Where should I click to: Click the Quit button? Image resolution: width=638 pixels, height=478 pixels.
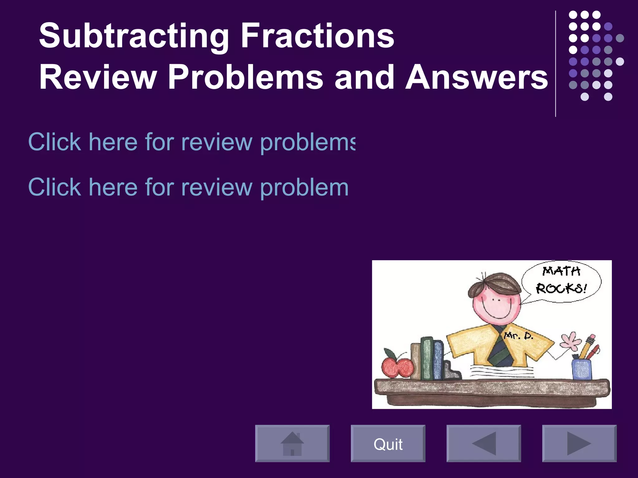click(388, 443)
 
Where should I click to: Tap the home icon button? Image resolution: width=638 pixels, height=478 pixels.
click(292, 443)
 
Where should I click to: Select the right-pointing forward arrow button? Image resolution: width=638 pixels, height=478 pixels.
click(579, 443)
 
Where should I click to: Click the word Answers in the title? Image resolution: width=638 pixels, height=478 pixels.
click(477, 77)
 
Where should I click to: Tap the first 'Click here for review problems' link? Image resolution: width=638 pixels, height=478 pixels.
click(191, 142)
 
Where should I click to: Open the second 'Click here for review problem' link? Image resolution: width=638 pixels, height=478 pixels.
click(188, 187)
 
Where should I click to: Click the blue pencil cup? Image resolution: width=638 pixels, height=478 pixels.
click(582, 369)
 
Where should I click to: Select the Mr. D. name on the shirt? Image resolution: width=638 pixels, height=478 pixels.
click(519, 336)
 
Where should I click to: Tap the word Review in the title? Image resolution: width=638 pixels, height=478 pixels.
click(98, 77)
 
